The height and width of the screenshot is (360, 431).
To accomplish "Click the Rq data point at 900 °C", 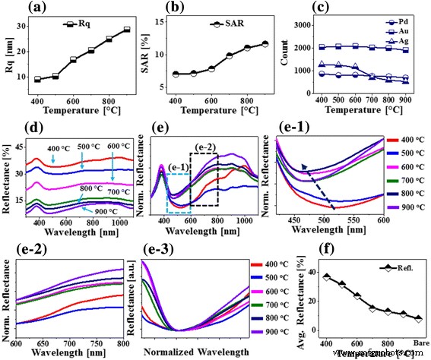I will [x=126, y=30].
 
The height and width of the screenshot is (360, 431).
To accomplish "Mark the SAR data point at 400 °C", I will [x=176, y=74].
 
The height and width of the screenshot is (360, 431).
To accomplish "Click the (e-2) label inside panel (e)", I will [x=204, y=147].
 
